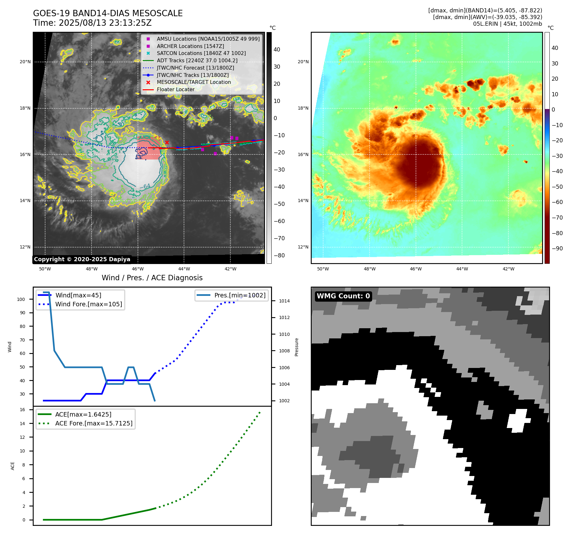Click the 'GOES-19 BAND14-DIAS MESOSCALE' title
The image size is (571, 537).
tap(108, 13)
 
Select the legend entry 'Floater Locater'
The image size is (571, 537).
tap(175, 90)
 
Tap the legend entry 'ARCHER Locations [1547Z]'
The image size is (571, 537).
tap(190, 46)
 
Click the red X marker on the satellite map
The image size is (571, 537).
tap(167, 142)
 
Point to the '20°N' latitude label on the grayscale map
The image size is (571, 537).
tap(25, 62)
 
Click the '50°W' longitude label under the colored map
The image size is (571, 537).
tap(323, 269)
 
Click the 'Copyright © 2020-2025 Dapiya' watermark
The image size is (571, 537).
tap(82, 259)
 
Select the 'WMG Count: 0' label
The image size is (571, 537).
tap(343, 296)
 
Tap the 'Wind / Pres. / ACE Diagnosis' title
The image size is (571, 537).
tap(152, 278)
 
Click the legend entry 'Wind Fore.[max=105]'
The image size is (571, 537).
tap(88, 304)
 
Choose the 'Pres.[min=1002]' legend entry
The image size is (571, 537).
tap(240, 295)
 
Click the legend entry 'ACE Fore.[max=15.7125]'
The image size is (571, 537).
tap(94, 423)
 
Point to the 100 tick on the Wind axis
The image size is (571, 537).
tap(21, 299)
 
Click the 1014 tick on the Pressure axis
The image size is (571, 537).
tap(284, 301)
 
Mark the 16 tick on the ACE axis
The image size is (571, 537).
tap(23, 410)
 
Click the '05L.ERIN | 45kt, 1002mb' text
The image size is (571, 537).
tap(507, 24)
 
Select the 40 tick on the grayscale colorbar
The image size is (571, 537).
tap(277, 50)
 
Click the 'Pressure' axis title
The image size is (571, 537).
tap(296, 347)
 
